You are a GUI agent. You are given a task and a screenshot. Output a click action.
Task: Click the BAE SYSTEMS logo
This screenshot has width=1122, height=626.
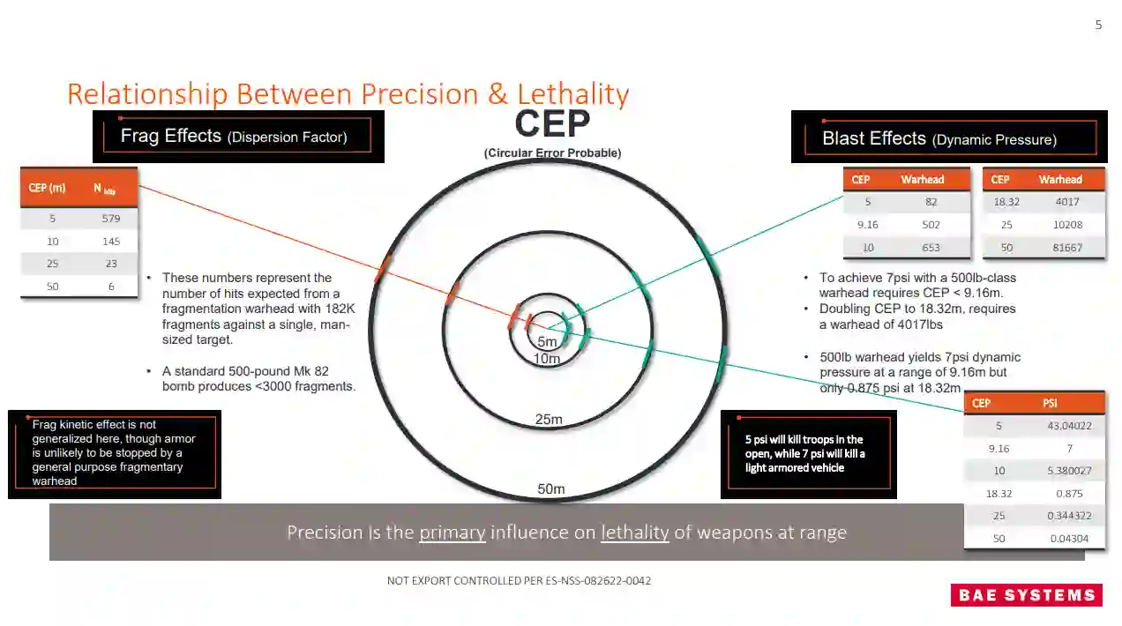click(1026, 595)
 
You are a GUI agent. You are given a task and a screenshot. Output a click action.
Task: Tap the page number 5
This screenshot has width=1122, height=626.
click(1098, 25)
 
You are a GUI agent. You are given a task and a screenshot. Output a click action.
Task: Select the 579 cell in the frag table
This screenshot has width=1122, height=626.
click(110, 218)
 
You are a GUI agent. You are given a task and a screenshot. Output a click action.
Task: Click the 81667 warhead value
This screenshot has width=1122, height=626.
click(1067, 247)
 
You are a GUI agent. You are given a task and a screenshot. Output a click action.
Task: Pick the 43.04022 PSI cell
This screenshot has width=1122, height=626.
click(1068, 426)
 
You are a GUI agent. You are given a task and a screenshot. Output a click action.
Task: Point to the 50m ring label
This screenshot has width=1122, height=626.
click(551, 489)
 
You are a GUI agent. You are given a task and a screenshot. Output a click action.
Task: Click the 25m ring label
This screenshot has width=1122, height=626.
click(549, 420)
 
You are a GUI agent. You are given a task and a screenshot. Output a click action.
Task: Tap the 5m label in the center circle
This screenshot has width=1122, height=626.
click(548, 342)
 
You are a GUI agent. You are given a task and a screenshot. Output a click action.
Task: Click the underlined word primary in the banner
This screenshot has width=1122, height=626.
click(453, 533)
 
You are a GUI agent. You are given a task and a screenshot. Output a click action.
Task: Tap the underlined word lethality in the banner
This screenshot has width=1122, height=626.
click(635, 533)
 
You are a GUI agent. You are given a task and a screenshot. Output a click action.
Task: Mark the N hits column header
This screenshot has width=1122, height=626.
click(104, 189)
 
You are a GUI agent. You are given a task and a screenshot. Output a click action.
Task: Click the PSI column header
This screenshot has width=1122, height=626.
click(1050, 403)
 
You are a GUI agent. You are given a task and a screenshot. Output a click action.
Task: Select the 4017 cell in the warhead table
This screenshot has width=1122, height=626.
click(1067, 202)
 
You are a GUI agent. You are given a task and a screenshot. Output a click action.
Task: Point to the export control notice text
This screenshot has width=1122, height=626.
click(519, 581)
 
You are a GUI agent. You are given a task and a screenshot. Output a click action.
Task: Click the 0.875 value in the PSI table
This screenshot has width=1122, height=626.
click(1068, 494)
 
